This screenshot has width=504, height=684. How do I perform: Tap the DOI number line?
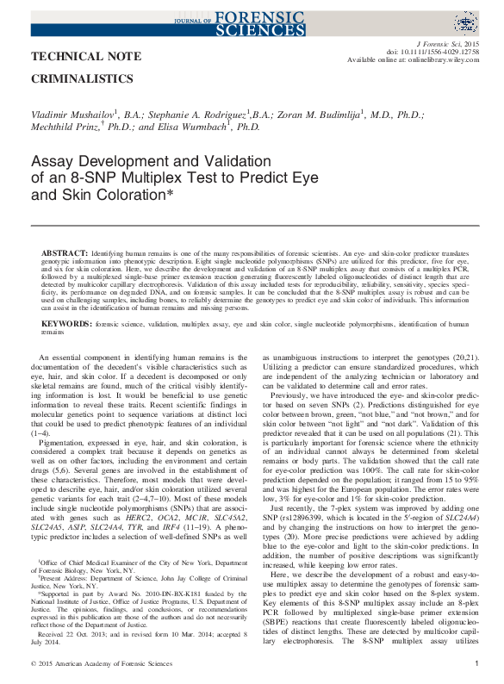coord(439,52)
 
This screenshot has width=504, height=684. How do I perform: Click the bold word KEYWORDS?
coord(66,323)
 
